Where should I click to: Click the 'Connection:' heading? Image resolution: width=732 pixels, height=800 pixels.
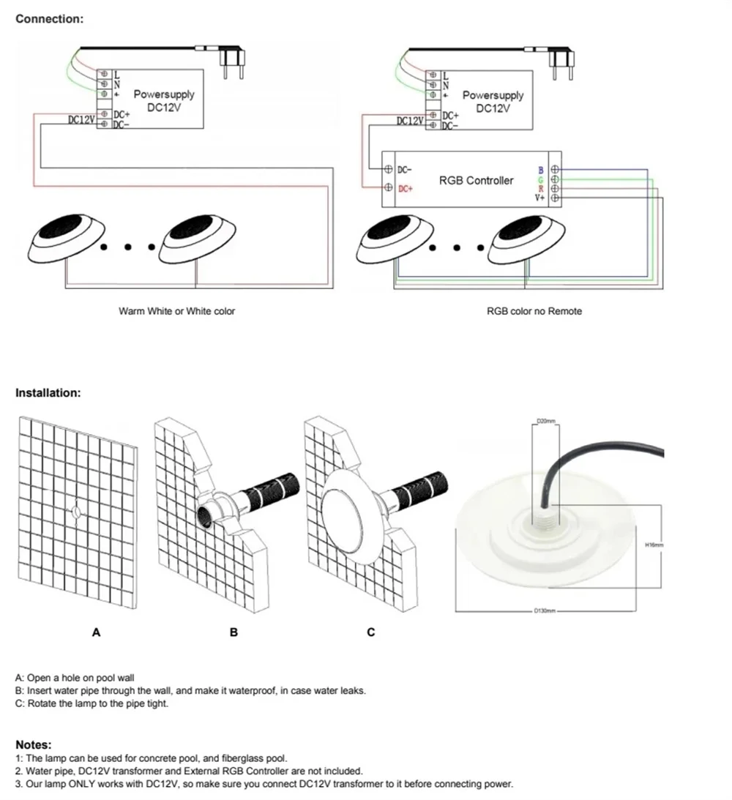point(49,19)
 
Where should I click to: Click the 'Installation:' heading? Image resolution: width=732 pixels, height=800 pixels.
point(48,393)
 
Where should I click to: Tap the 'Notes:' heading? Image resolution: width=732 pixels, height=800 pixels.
point(34,745)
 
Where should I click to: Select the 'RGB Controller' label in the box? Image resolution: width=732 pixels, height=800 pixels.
point(476,180)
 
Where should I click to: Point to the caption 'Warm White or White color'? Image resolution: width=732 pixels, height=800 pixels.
point(176,311)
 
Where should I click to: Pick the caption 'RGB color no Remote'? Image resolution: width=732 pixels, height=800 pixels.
point(534,311)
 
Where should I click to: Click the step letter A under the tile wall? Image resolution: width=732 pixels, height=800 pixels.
point(95,632)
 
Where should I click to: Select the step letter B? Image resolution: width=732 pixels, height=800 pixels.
point(234,632)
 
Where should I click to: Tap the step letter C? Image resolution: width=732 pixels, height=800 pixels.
point(370,632)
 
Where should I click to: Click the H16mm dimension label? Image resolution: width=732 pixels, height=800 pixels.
point(653,545)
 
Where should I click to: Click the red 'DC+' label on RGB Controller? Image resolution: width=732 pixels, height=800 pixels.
point(406,189)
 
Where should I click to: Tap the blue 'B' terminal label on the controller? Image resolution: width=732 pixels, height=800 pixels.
point(540,171)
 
